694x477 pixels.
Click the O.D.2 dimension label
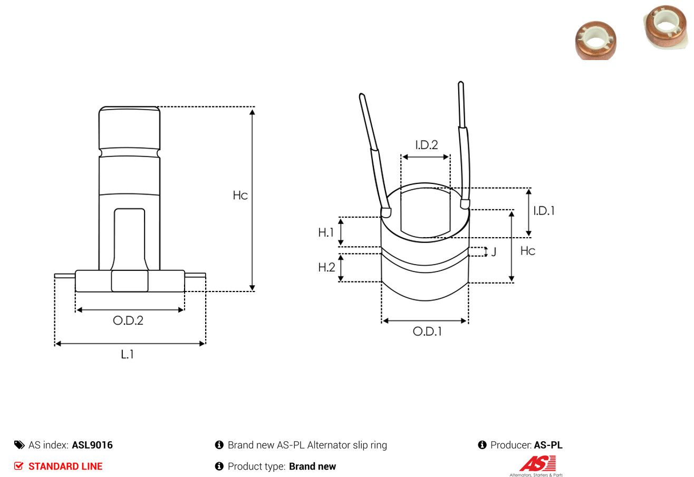click(x=128, y=320)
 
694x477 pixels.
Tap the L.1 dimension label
click(x=127, y=354)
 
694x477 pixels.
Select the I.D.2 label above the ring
click(x=426, y=145)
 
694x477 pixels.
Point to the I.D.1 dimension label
click(x=544, y=211)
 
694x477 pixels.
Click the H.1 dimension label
click(x=325, y=232)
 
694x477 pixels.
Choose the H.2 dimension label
click(x=326, y=267)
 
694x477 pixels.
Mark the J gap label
click(x=494, y=251)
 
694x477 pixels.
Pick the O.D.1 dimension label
click(x=427, y=332)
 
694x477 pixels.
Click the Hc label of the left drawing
click(x=240, y=196)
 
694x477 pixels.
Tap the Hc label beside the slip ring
click(x=528, y=251)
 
